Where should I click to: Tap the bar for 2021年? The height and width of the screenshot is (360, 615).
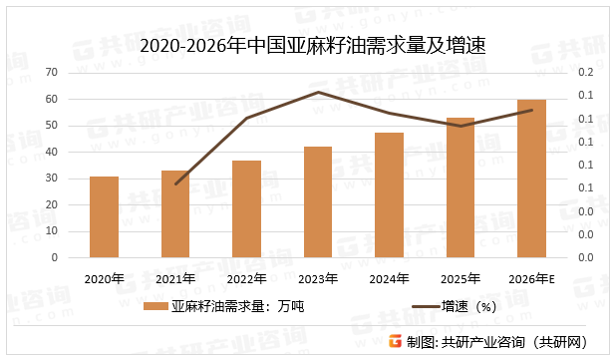[x=175, y=213]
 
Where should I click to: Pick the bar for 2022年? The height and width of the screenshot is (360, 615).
[x=246, y=208]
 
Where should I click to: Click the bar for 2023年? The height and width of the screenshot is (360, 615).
[x=318, y=201]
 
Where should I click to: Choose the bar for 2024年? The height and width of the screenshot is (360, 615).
[x=389, y=194]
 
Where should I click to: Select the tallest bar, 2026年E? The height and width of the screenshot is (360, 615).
[x=531, y=179]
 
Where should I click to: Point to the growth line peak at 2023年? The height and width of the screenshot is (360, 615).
[x=318, y=93]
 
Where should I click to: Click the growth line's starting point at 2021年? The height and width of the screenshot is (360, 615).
[x=175, y=183]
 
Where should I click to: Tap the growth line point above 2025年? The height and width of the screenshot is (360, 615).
[x=461, y=127]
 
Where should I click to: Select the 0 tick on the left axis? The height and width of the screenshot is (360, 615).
[x=54, y=257]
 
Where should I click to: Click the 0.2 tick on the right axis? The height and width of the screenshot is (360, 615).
[x=585, y=73]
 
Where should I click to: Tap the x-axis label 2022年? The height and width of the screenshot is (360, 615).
[x=246, y=278]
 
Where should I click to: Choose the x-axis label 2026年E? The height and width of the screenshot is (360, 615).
[x=531, y=278]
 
